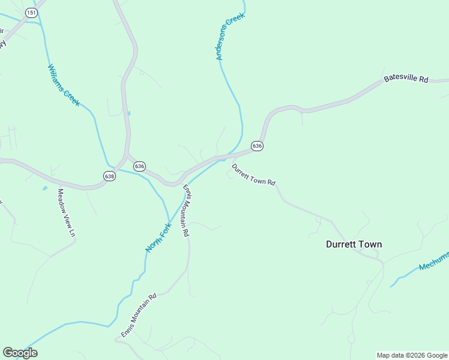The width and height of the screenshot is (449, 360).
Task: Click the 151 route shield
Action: pyautogui.click(x=31, y=12)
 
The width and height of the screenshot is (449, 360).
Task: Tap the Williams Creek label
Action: pyautogui.click(x=64, y=85)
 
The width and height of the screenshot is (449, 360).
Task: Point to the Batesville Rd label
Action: pyautogui.click(x=406, y=79)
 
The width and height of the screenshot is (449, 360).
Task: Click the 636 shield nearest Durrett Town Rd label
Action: pyautogui.click(x=257, y=146)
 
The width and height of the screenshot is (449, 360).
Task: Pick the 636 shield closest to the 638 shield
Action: pyautogui.click(x=139, y=166)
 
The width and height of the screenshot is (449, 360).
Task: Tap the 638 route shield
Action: pyautogui.click(x=109, y=176)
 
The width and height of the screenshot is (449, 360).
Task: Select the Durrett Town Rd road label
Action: pyautogui.click(x=253, y=175)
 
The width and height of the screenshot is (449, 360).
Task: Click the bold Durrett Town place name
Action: pyautogui.click(x=354, y=244)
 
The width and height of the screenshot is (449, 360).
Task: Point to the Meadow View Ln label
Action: pyautogui.click(x=66, y=212)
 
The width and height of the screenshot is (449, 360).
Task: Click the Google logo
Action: pyautogui.click(x=20, y=353)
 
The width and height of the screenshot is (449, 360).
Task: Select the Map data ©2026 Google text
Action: pyautogui.click(x=412, y=355)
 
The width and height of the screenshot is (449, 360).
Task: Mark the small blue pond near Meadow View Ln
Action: pyautogui.click(x=44, y=188)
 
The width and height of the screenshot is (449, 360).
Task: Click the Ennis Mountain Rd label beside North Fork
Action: pyautogui.click(x=187, y=210)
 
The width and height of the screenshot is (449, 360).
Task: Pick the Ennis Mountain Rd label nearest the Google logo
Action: pyautogui.click(x=139, y=316)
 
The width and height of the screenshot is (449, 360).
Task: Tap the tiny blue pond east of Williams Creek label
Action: pyautogui.click(x=129, y=112)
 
